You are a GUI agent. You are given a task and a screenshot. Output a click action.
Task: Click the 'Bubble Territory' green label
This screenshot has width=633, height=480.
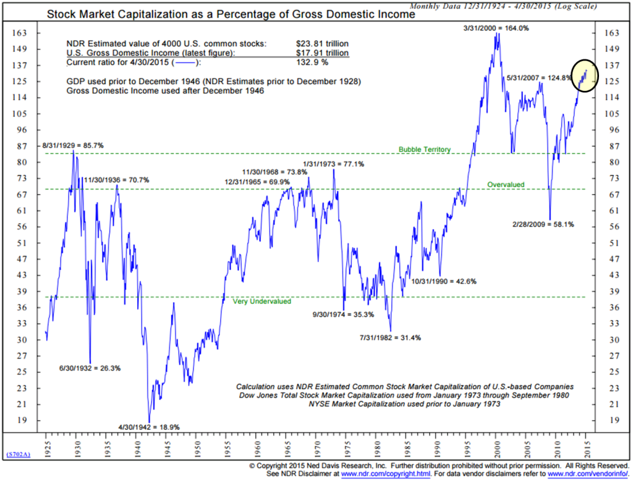424,149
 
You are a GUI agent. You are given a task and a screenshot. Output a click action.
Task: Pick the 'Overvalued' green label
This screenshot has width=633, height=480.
506,185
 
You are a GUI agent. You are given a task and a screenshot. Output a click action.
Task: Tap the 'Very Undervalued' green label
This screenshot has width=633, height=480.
261,301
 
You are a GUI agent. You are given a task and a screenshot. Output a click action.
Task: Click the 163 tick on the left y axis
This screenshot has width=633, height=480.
20,33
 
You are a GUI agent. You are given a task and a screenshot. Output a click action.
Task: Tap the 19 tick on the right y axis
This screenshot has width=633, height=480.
611,420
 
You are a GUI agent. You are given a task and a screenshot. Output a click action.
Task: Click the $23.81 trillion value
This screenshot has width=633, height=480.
322,44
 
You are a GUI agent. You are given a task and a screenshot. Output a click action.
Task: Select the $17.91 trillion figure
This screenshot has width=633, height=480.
322,53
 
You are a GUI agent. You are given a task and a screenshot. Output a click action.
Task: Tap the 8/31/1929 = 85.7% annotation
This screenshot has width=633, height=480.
72,145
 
